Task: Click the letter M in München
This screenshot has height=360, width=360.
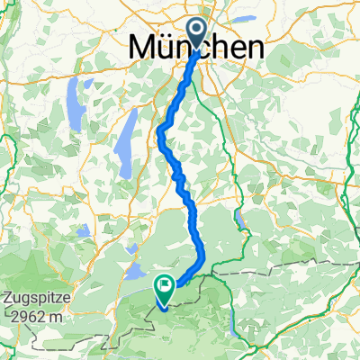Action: click(145, 46)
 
